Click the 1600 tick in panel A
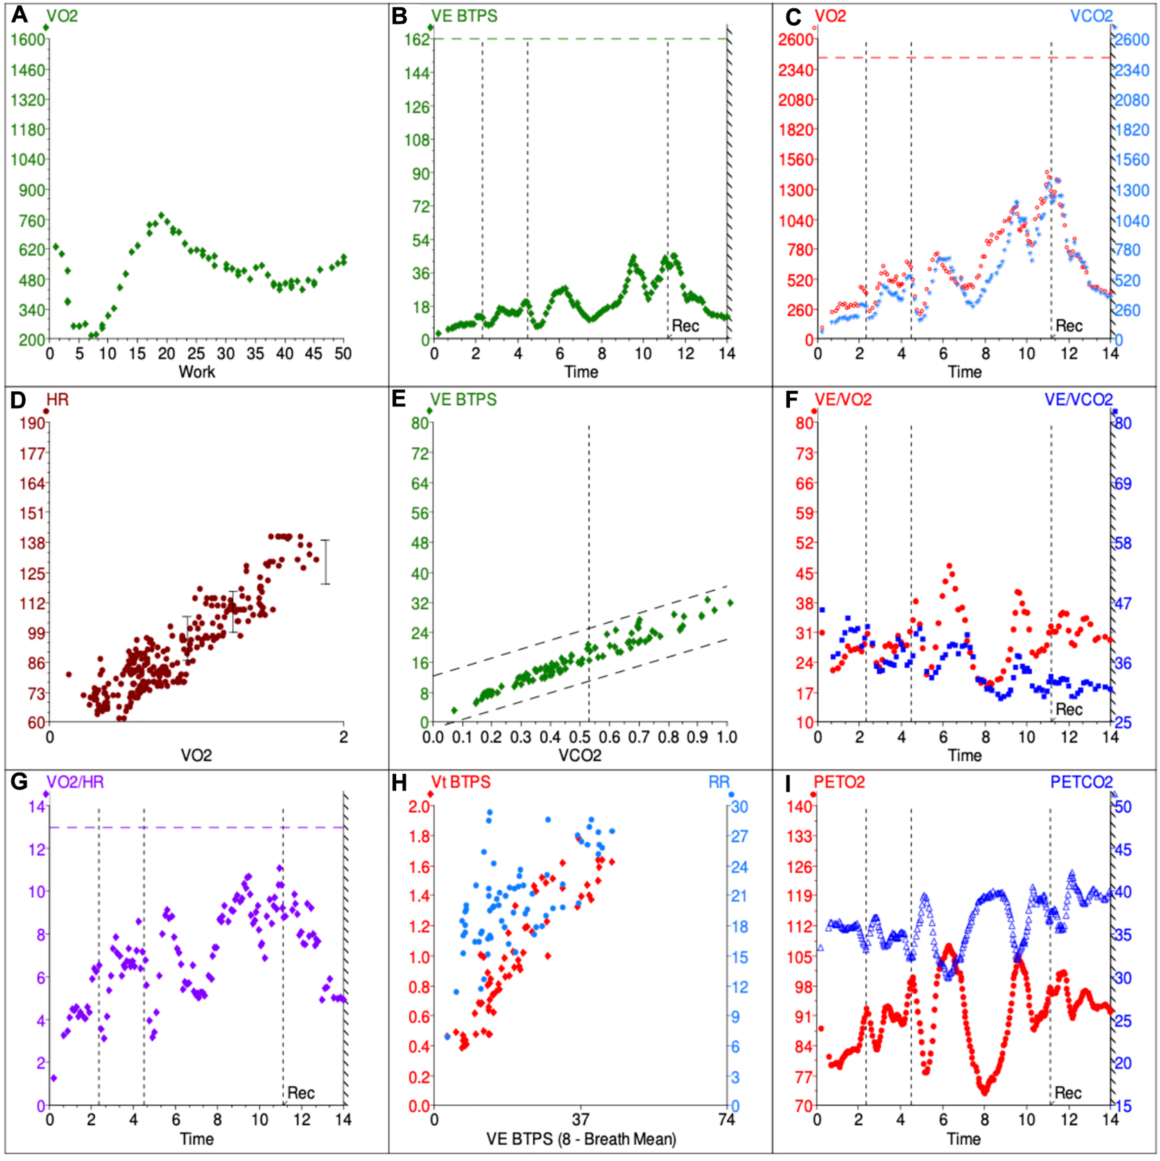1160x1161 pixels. pos(28,39)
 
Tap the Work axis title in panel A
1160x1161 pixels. pos(197,372)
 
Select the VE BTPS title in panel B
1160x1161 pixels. pos(464,16)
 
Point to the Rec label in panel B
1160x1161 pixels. pos(685,326)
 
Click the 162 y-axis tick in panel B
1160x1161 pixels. pos(418,39)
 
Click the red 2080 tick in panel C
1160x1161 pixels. pos(796,100)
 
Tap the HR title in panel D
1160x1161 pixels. pos(58,400)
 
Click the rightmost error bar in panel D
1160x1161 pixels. pos(325,562)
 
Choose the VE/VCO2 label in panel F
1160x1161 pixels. pos(1078,400)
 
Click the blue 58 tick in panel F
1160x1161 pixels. pos(1123,543)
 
